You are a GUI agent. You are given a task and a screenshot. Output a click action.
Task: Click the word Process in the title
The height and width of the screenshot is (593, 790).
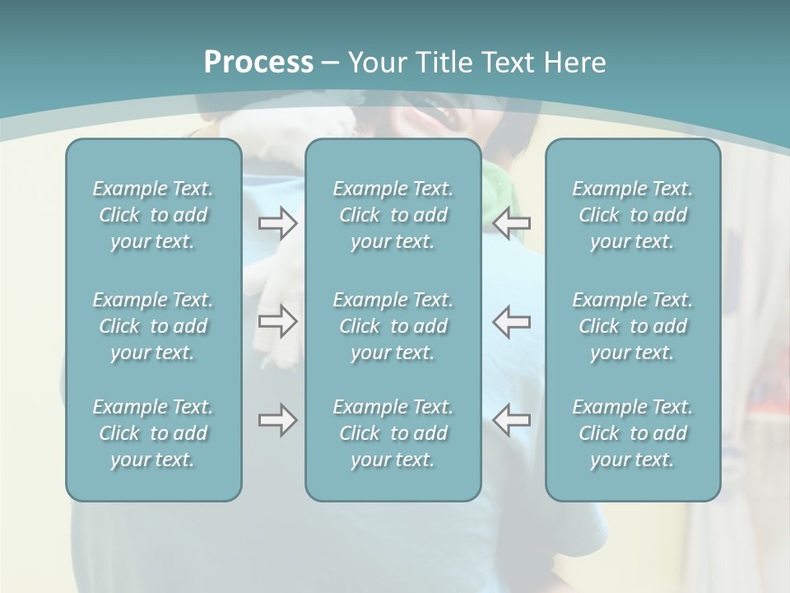pyautogui.click(x=258, y=63)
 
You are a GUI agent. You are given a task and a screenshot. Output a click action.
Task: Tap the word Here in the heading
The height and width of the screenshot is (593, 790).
pyautogui.click(x=575, y=63)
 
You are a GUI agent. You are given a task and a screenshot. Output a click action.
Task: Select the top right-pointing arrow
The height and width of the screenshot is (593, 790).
pyautogui.click(x=278, y=223)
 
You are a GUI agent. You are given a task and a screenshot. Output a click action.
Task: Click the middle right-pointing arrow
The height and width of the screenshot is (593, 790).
pyautogui.click(x=278, y=321)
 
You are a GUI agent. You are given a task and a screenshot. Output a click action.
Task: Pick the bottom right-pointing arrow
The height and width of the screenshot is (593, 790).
pyautogui.click(x=278, y=420)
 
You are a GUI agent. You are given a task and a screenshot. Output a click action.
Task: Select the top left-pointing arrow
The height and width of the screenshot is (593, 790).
pyautogui.click(x=512, y=223)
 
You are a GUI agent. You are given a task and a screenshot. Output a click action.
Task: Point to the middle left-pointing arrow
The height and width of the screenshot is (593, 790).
pyautogui.click(x=512, y=321)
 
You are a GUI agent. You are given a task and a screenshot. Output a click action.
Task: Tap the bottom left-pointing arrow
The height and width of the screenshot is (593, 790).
pyautogui.click(x=512, y=420)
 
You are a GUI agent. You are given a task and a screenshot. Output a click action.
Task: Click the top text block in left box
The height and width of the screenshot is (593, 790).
pyautogui.click(x=153, y=216)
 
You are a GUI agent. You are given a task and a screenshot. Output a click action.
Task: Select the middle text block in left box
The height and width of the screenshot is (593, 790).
pyautogui.click(x=153, y=326)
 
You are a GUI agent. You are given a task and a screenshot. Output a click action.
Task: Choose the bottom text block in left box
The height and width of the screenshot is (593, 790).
pyautogui.click(x=153, y=433)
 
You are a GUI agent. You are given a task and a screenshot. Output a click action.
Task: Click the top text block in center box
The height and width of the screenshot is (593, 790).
pyautogui.click(x=393, y=216)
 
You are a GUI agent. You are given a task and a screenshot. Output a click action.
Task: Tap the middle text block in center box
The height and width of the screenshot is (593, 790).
pyautogui.click(x=393, y=326)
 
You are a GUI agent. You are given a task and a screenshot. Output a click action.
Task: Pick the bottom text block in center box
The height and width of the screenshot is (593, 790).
pyautogui.click(x=393, y=433)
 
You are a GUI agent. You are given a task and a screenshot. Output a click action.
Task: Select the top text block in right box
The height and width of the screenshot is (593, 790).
pyautogui.click(x=633, y=216)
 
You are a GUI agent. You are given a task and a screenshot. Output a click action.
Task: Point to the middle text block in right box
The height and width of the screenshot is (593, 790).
pyautogui.click(x=633, y=326)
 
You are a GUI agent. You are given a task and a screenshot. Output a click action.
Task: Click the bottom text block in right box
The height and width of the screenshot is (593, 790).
pyautogui.click(x=633, y=433)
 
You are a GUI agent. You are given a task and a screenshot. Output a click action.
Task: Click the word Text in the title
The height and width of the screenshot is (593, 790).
pyautogui.click(x=504, y=63)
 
